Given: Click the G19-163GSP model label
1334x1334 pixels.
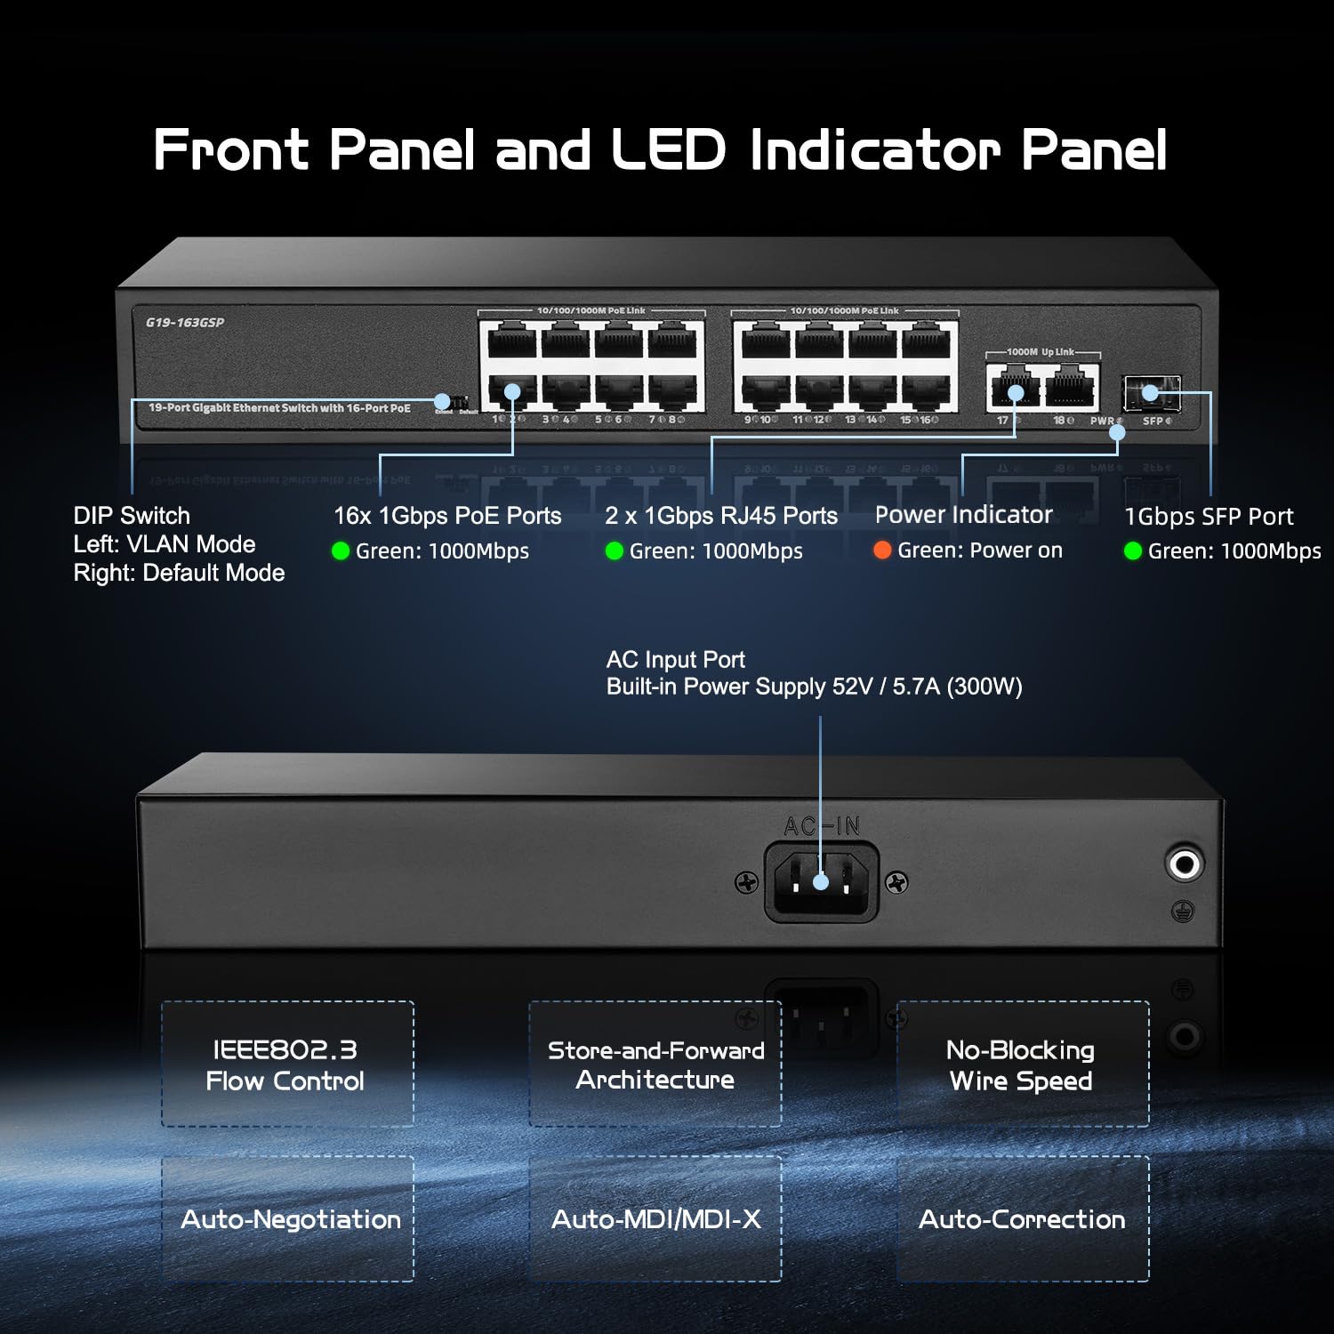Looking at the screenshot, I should pos(185,323).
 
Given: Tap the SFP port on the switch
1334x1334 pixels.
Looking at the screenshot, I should pos(1152,391).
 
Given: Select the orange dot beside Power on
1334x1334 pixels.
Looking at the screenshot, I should pos(882,550).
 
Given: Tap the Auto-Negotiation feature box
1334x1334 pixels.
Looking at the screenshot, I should pos(288,1218).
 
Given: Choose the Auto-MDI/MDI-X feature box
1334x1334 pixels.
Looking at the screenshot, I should pos(655,1218).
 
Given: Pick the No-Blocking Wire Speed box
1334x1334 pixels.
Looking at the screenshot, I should pos(1022,1065).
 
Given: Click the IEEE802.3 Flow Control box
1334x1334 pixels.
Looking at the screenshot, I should pos(288,1065).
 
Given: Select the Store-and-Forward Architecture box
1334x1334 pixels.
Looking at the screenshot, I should pos(655,1065).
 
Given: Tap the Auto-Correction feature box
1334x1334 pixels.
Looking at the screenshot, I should pos(1022,1218).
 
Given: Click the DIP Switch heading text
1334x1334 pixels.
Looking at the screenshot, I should pos(132,516).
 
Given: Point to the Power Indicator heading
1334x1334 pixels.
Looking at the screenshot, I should pos(963,515).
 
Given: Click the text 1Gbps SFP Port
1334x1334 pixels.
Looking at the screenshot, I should pos(1209,517).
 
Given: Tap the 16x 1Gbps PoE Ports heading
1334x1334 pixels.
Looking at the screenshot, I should pos(447,516).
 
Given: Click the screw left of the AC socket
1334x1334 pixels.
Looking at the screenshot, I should pos(747,882).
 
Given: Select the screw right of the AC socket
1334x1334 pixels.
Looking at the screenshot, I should pos(897,881).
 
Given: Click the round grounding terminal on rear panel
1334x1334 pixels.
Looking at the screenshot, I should pos(1184,863).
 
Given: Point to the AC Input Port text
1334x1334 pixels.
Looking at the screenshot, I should pos(676,660).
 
